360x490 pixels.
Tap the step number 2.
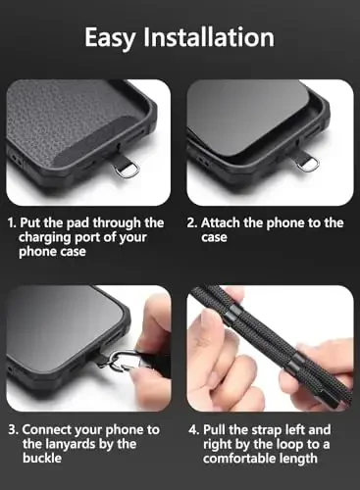point(193,223)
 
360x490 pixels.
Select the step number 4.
point(193,429)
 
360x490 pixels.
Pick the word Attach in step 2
point(224,223)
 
